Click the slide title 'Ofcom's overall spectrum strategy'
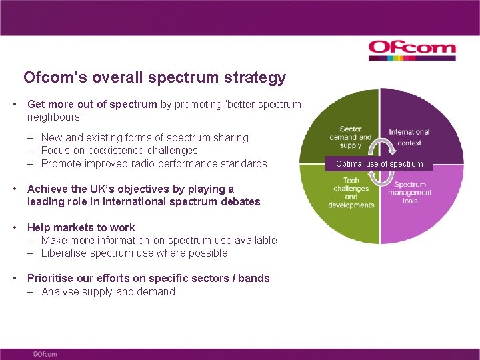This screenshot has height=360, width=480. tap(155, 77)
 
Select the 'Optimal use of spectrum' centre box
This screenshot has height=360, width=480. tap(379, 163)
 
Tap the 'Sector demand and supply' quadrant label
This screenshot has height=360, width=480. tap(350, 137)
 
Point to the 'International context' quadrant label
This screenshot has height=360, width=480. tap(409, 137)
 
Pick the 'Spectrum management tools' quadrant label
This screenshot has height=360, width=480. tap(410, 193)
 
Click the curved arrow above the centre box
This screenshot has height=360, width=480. tap(379, 146)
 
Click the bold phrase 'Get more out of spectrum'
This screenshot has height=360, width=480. tap(92, 104)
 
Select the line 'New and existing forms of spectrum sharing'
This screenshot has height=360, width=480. tap(145, 137)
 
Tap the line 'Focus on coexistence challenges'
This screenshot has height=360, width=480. tap(119, 151)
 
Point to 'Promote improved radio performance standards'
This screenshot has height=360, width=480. tap(153, 163)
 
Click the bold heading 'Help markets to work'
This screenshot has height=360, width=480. tap(81, 227)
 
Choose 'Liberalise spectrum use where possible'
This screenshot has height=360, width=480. tap(134, 253)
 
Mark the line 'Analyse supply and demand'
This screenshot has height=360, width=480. tap(108, 291)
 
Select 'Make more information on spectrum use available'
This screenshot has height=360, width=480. tap(159, 240)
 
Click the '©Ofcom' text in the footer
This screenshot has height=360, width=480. tap(45, 353)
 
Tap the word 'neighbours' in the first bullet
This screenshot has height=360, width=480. tap(53, 117)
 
